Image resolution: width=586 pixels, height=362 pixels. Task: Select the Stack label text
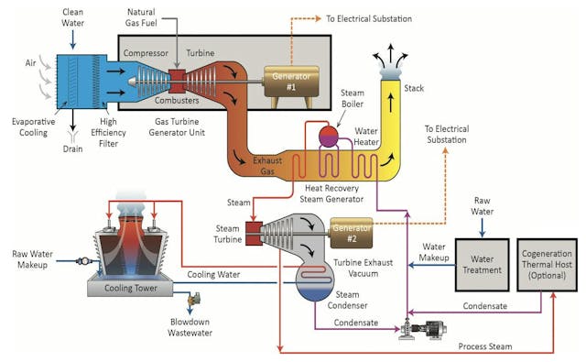[x=415, y=89]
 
